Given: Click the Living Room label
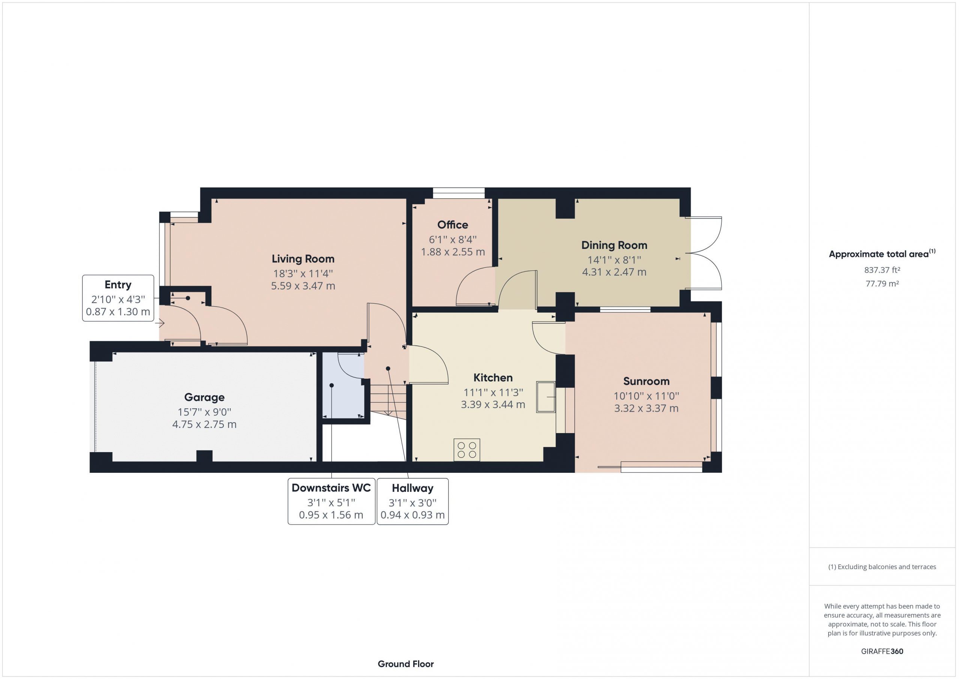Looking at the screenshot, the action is (x=303, y=259).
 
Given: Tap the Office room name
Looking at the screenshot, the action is (x=453, y=225).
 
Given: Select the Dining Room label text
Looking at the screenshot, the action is (x=614, y=246).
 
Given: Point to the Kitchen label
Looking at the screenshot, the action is (x=493, y=378).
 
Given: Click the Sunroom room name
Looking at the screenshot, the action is (x=646, y=381).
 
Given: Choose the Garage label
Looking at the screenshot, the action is (x=204, y=397).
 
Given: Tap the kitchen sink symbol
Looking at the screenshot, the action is (x=546, y=397).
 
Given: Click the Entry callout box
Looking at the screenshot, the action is (x=118, y=298).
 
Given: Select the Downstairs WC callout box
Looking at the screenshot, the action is (x=331, y=501).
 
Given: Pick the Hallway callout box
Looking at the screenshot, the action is (x=413, y=501).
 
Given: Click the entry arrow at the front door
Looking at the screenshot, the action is (x=160, y=323).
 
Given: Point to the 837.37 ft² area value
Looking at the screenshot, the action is (x=882, y=270).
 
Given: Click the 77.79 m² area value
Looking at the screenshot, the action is (x=882, y=283).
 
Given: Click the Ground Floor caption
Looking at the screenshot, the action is (x=406, y=664).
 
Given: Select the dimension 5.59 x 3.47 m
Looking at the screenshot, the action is (x=303, y=286).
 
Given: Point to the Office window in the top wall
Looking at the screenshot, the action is (x=459, y=193).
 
